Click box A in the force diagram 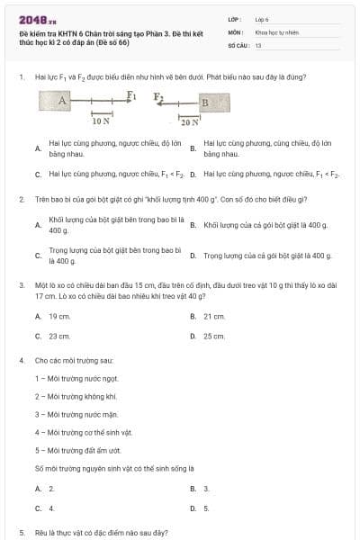pos(63,102)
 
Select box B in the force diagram pos(203,103)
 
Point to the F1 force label pos(131,94)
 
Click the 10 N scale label pos(101,120)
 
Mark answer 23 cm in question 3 pos(58,336)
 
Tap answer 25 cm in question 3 pos(213,336)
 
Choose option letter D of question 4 pos(193,508)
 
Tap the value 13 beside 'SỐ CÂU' pos(258,44)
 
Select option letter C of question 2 pos(38,256)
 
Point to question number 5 pos(21,533)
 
